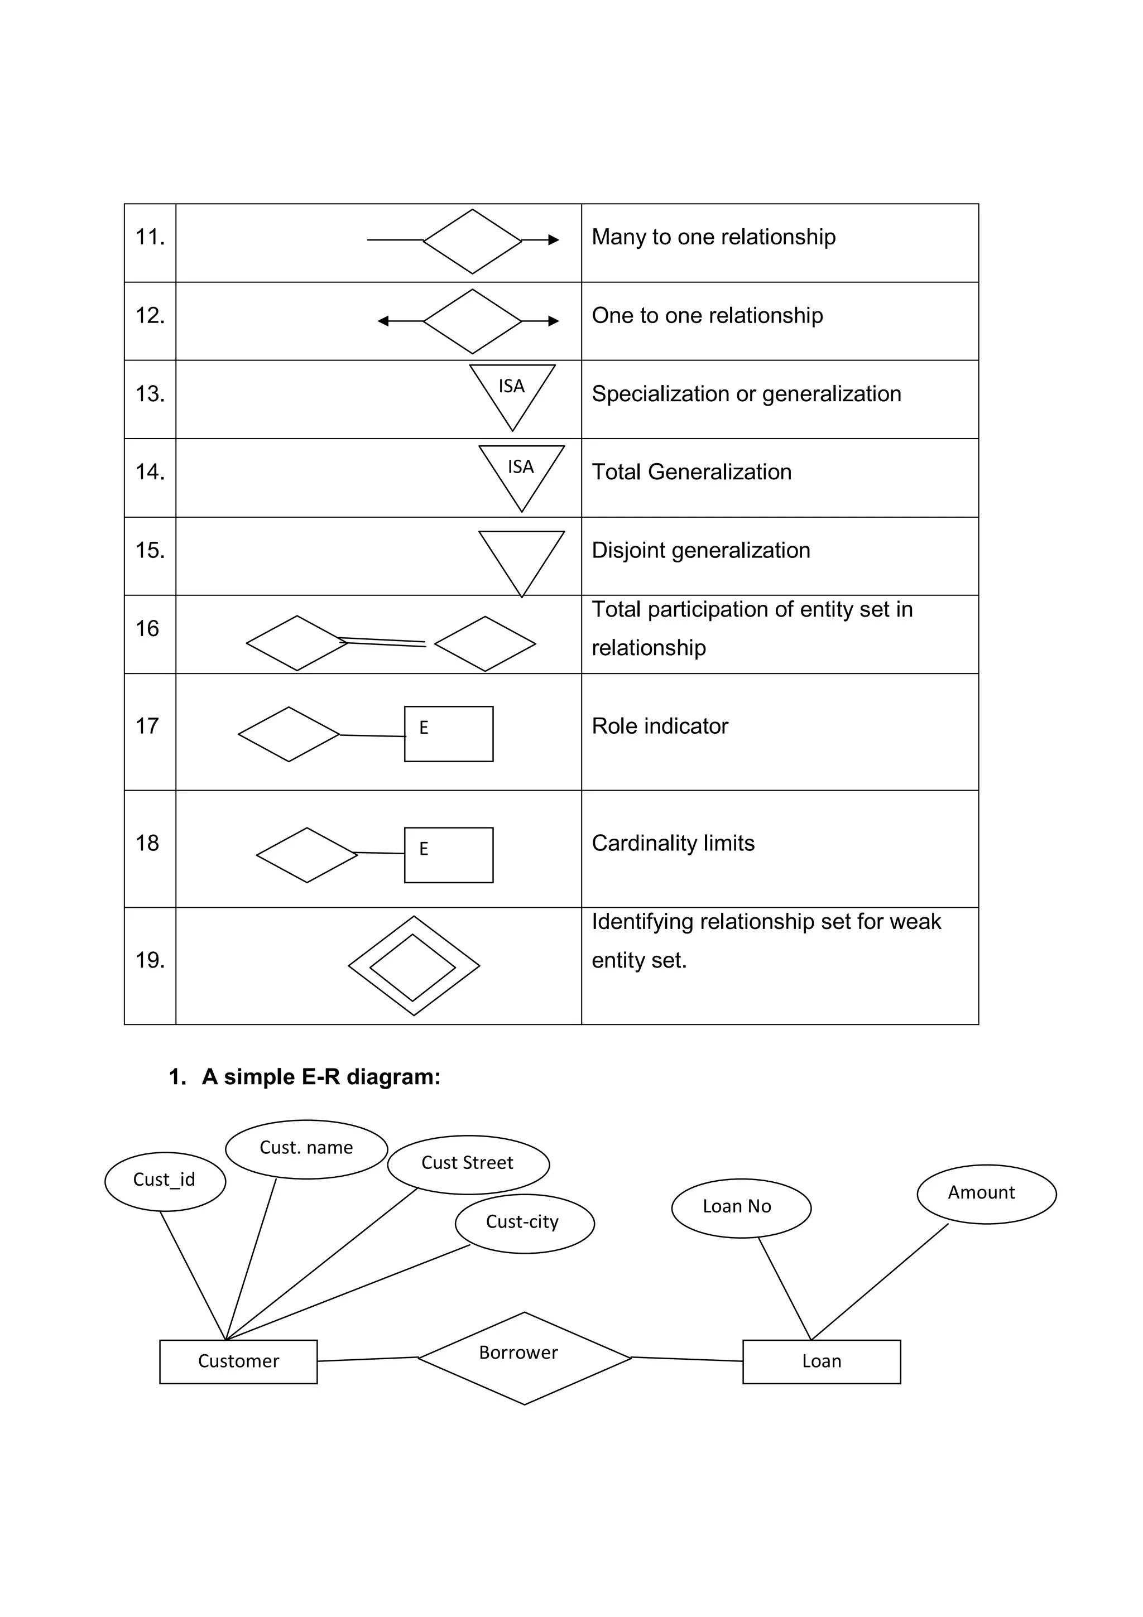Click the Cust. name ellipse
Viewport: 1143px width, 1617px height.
click(306, 1149)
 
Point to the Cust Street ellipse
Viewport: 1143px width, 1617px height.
click(468, 1164)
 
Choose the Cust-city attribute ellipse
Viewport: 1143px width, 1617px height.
click(524, 1223)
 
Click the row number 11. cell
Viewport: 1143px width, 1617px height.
click(150, 237)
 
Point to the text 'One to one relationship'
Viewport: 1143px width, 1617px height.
click(707, 315)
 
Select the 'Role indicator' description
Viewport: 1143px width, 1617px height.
click(660, 726)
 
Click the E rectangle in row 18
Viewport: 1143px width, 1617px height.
click(449, 854)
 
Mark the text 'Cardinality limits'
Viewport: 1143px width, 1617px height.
click(673, 843)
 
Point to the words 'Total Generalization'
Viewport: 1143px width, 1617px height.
click(691, 472)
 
